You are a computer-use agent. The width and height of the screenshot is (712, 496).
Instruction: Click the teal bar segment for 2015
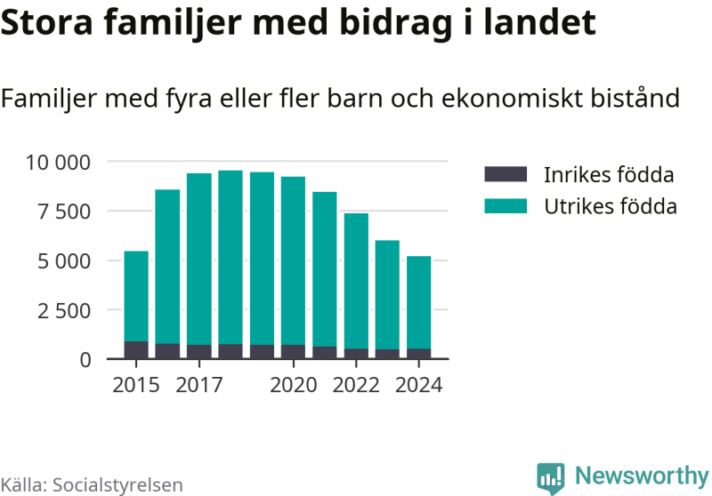click(136, 296)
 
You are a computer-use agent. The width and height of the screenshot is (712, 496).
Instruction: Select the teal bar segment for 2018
click(231, 257)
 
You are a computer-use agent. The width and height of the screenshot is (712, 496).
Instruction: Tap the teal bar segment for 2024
click(419, 302)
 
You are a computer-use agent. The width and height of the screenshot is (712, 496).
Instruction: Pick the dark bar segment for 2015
click(136, 350)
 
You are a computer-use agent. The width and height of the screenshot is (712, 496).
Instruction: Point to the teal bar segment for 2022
click(356, 281)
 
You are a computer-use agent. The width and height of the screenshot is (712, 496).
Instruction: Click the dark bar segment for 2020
click(293, 352)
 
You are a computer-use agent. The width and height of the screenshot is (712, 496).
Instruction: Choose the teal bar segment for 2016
click(167, 267)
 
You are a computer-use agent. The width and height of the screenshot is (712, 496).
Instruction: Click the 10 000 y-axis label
click(59, 162)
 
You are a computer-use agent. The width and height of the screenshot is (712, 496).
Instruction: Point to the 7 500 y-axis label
click(65, 212)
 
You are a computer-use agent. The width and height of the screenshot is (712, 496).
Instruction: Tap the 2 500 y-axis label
click(65, 310)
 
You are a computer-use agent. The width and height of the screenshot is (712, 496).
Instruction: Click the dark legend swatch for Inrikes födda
click(506, 174)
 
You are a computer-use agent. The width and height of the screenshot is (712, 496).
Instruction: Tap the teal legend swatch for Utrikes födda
click(506, 206)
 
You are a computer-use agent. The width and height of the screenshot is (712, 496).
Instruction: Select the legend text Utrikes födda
click(610, 206)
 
